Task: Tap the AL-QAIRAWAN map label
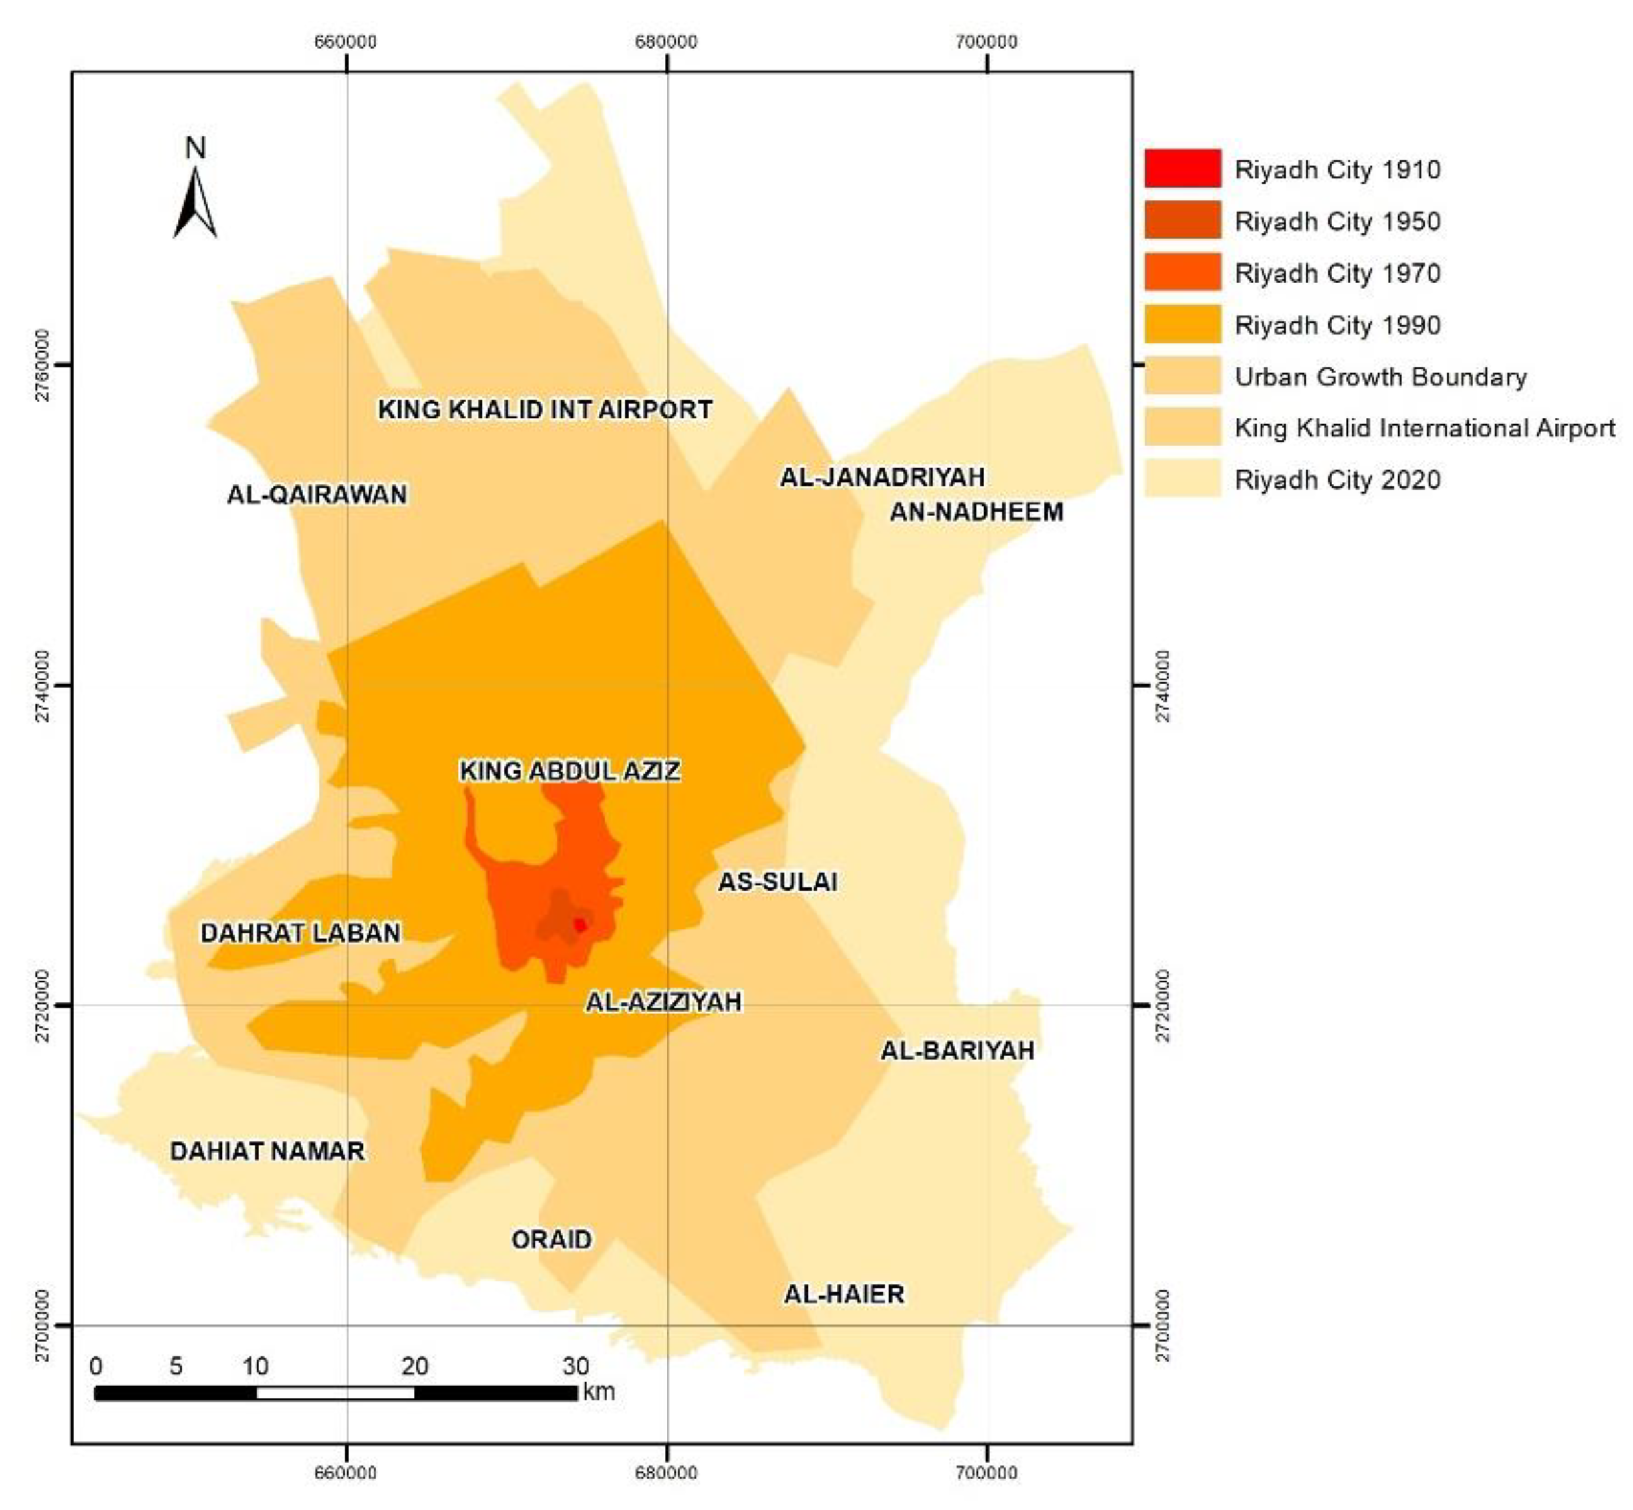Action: click(317, 494)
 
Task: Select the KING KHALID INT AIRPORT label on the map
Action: click(545, 409)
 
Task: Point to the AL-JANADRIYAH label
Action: click(882, 477)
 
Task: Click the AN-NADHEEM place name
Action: click(976, 512)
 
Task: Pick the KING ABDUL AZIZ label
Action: click(569, 770)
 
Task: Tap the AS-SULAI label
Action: click(778, 881)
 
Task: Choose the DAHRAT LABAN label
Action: click(301, 933)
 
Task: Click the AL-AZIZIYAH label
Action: click(663, 1002)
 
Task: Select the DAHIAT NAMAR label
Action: click(267, 1151)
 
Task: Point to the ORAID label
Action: click(551, 1239)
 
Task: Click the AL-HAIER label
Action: click(844, 1294)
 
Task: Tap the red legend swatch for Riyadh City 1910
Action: click(1182, 168)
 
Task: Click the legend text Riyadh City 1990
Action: click(1337, 325)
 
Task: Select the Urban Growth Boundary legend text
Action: click(1380, 377)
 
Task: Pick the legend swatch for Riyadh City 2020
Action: click(1182, 479)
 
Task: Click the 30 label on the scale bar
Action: click(576, 1366)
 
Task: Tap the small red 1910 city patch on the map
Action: click(580, 925)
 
